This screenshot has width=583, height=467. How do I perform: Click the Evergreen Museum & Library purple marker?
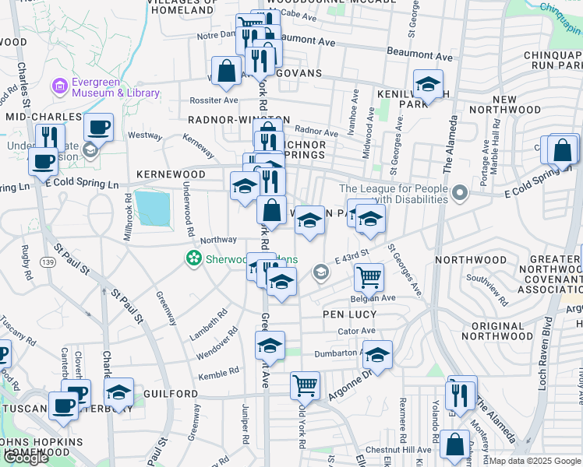59,85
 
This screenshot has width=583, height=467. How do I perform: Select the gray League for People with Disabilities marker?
460,191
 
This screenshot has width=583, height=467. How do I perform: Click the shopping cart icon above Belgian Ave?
369,276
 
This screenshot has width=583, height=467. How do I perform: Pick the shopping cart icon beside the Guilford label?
305,384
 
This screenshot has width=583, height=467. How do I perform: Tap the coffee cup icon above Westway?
99,126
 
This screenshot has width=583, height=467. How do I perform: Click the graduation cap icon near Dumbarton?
378,355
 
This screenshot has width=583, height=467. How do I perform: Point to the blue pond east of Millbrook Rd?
153,207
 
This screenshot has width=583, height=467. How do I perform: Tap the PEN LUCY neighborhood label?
351,314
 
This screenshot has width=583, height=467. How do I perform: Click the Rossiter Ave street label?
215,100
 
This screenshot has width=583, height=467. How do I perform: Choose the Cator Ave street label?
357,331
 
